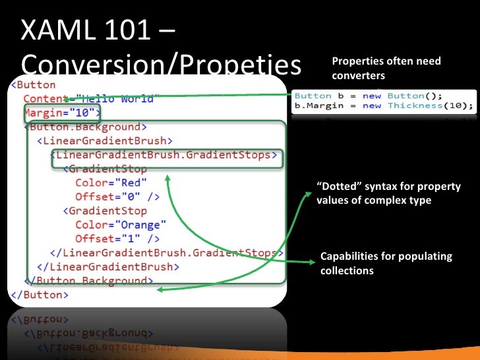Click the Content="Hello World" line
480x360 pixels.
point(88,98)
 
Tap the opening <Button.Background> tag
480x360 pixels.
point(86,127)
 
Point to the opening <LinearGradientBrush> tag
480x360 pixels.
point(105,140)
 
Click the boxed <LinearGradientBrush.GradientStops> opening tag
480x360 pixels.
point(164,155)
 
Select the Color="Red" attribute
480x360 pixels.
point(111,183)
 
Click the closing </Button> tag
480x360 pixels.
point(39,295)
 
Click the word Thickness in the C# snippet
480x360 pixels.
point(414,105)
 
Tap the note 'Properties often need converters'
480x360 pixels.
point(386,69)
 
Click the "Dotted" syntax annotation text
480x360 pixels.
point(388,193)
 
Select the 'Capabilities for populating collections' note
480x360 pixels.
point(386,263)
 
